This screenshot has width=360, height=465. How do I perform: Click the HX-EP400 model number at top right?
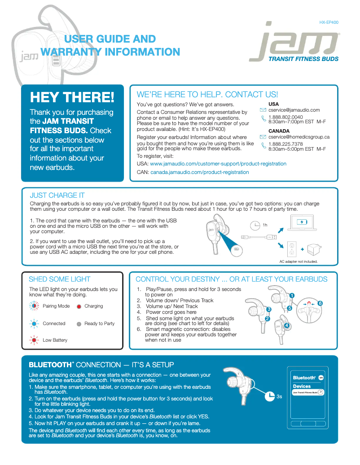point(329,22)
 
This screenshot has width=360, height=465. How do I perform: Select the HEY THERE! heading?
point(72,97)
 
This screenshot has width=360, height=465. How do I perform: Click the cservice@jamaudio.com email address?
point(294,110)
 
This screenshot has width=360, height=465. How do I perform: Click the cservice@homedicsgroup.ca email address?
point(299,137)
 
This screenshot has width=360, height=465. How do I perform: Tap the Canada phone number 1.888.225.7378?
point(285,144)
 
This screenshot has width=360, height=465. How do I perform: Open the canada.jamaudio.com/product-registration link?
point(199,172)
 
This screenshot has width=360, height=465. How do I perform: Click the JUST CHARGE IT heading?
point(57,195)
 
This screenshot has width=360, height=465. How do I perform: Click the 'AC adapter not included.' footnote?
point(299,261)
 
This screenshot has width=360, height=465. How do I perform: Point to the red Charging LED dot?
point(79,307)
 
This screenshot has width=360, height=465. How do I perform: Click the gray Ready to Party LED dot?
point(79,324)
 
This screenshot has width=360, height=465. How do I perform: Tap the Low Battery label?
point(55,340)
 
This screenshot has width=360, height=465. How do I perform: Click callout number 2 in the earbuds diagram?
point(267,318)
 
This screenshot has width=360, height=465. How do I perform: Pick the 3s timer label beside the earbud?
point(279,396)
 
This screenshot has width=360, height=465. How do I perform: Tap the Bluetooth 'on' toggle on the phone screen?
point(321,378)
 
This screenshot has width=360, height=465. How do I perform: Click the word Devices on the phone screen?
point(302,386)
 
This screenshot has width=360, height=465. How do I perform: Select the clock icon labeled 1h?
point(255,225)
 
